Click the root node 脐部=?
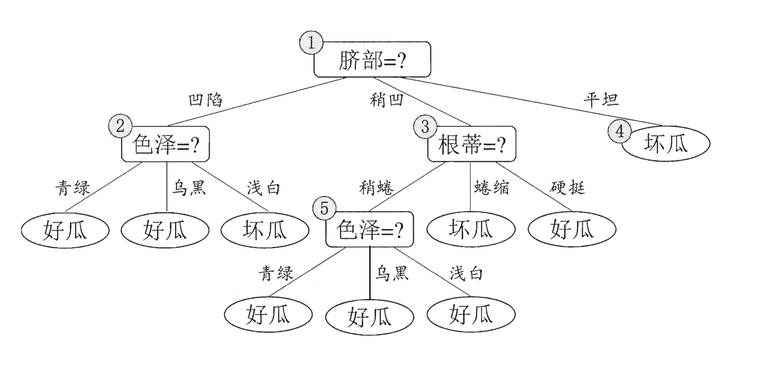point(372,60)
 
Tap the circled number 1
point(311,42)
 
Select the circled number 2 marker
point(120,126)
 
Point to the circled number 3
point(425,126)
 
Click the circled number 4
point(619,131)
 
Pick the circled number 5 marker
point(325,208)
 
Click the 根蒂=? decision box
point(472,144)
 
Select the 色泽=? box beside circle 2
point(165,144)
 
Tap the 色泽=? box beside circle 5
point(370,230)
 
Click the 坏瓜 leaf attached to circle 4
point(666,144)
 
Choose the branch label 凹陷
point(205,100)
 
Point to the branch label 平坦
point(601,100)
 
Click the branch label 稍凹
point(386,100)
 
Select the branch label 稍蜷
point(376,188)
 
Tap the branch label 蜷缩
point(492,188)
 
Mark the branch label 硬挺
point(567,188)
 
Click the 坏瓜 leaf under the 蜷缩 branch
point(471,229)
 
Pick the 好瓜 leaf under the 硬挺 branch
point(572,229)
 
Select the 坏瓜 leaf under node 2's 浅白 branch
point(265,230)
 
